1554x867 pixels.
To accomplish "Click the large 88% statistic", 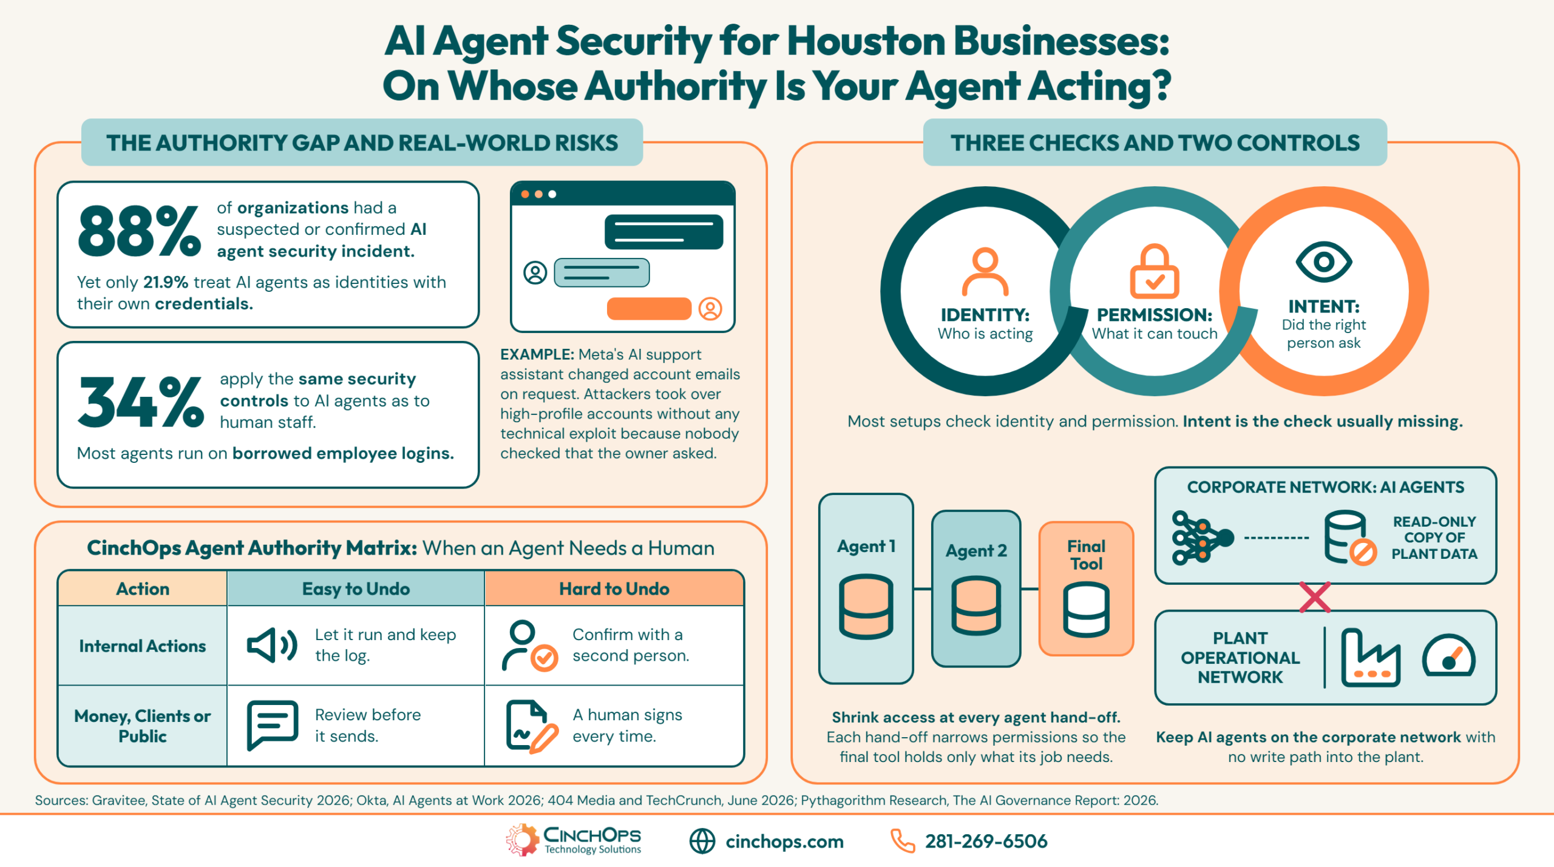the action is point(140,231).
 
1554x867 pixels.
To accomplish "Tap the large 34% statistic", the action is point(141,402).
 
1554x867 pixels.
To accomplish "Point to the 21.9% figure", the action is point(166,282).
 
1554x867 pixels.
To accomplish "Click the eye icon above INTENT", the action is point(1323,262).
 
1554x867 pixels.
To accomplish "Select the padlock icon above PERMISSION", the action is point(1154,271).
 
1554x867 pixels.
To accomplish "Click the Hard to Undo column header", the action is point(614,589).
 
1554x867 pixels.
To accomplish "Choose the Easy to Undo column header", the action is point(356,589).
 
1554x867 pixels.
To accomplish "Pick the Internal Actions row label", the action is point(143,646).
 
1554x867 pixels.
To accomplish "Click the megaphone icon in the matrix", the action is point(272,645).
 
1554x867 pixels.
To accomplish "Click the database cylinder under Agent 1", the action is point(866,607).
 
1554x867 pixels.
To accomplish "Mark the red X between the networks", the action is point(1315,597).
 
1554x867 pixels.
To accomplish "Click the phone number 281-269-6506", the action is point(986,842).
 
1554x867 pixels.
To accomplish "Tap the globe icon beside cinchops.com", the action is point(702,842).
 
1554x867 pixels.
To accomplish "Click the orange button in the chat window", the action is point(649,308).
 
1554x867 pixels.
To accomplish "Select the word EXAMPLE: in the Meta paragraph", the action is point(537,354).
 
